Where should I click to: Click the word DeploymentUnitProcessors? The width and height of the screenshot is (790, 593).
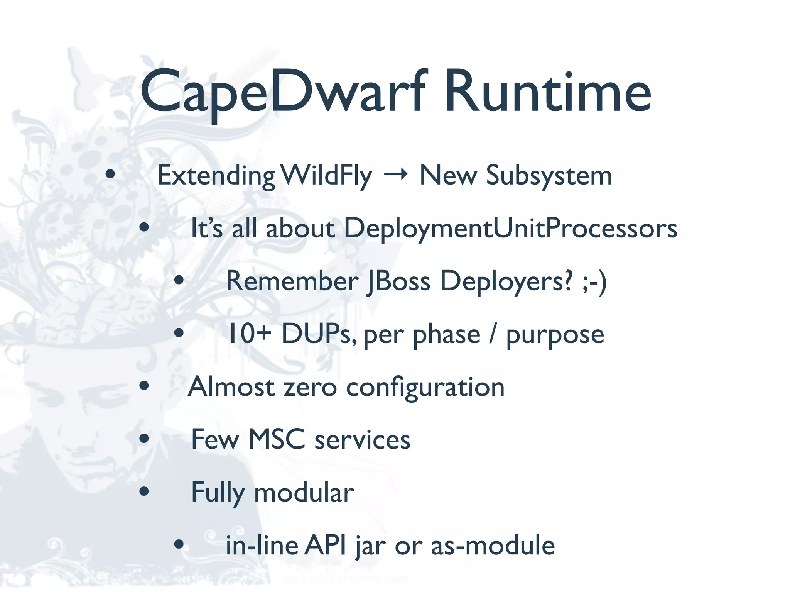click(x=510, y=229)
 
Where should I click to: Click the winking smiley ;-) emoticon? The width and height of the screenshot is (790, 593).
click(x=594, y=281)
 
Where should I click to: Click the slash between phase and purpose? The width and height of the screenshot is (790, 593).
click(x=492, y=334)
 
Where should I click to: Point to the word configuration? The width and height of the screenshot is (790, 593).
click(x=425, y=387)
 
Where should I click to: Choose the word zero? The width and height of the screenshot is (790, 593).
click(x=310, y=387)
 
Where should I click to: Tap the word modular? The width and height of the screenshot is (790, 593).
click(x=304, y=493)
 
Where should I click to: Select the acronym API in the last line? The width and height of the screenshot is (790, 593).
click(x=325, y=545)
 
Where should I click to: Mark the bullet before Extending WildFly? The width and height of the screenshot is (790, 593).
click(x=110, y=175)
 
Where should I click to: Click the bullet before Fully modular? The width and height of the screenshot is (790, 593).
click(x=144, y=491)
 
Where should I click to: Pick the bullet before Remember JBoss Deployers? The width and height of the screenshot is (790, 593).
click(x=179, y=280)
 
